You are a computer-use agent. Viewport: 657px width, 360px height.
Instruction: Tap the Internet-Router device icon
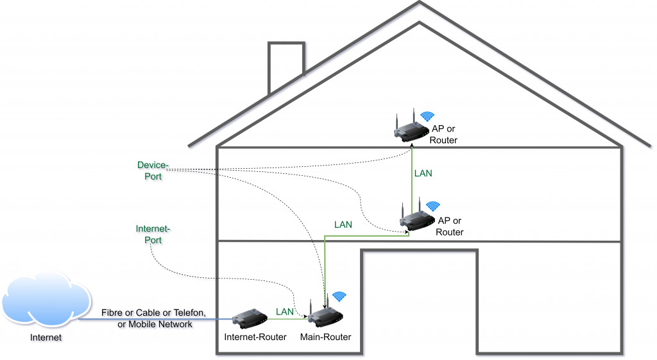(x=249, y=317)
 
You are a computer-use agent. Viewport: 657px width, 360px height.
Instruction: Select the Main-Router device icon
(x=325, y=314)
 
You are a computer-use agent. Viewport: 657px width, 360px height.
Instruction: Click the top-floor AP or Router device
(x=410, y=130)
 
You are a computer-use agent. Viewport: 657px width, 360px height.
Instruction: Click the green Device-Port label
(x=153, y=171)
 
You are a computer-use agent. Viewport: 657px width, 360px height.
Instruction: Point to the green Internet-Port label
(x=153, y=234)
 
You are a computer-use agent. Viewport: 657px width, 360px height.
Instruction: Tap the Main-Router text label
(x=326, y=336)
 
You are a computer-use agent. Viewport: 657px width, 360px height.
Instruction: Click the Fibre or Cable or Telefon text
(x=153, y=313)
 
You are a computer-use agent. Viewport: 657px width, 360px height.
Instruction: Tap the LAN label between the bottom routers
(x=285, y=311)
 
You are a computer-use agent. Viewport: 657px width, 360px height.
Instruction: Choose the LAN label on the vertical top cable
(x=423, y=173)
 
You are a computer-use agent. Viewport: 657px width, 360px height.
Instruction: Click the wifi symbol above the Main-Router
(x=339, y=296)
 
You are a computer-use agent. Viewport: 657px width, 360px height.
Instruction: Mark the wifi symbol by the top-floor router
(x=427, y=116)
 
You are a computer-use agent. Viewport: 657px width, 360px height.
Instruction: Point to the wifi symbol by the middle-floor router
(x=433, y=205)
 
